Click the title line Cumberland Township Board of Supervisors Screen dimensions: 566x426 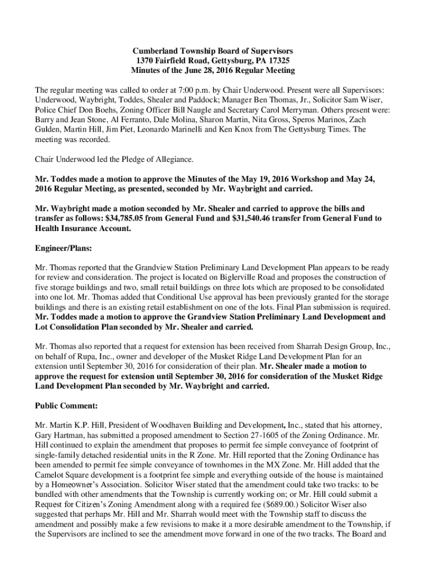tap(213, 51)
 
